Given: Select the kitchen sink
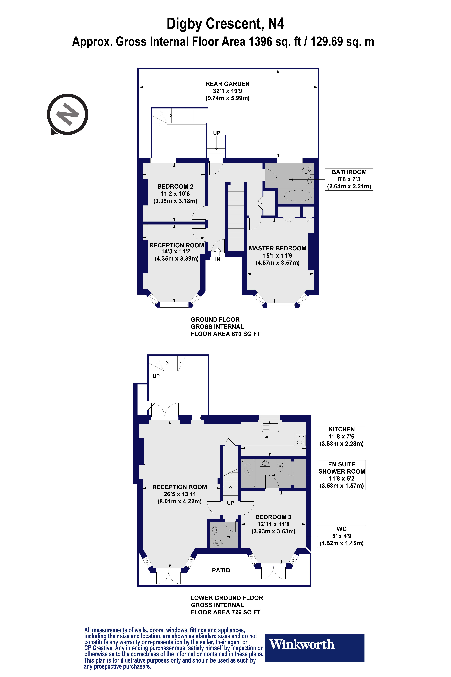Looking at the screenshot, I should click(270, 428).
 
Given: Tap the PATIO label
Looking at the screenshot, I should click(221, 570).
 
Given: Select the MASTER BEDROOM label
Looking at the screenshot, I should click(277, 248).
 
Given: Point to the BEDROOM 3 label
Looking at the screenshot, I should click(273, 517).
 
